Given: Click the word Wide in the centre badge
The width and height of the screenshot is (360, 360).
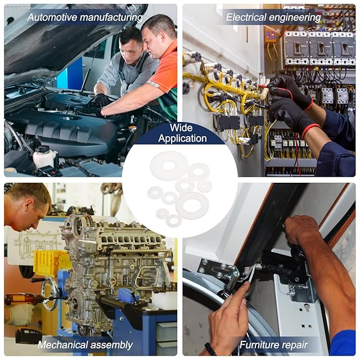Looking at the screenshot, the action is tap(181, 128).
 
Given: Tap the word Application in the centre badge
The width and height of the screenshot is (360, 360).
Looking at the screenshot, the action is tap(182, 138).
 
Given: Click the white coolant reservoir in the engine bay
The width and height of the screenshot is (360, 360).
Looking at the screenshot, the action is tap(44, 157).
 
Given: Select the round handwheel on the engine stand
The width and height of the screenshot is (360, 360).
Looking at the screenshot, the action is tap(49, 294).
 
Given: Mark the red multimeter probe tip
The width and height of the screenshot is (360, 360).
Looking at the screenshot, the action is tap(261, 86).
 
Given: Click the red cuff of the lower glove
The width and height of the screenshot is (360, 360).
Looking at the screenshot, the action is tap(310, 130).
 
